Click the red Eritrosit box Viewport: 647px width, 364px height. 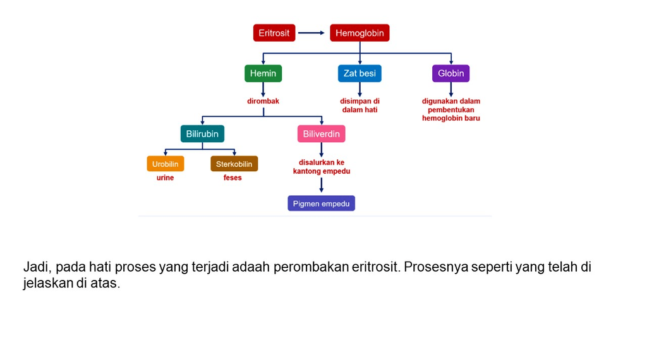pyautogui.click(x=274, y=33)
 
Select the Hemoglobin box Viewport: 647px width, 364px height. pyautogui.click(x=360, y=33)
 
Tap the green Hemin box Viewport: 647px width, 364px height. pyautogui.click(x=263, y=73)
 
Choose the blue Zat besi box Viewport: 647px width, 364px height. pyautogui.click(x=360, y=73)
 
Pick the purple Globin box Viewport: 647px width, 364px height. pyautogui.click(x=451, y=73)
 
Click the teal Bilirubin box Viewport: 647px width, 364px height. pyautogui.click(x=202, y=134)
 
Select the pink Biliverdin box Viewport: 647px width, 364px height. pyautogui.click(x=322, y=134)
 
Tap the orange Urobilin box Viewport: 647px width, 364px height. pyautogui.click(x=166, y=164)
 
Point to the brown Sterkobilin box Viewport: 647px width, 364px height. pyautogui.click(x=234, y=164)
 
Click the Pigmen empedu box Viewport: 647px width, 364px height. pyautogui.click(x=322, y=203)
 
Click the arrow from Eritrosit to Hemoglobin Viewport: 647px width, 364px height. pyautogui.click(x=311, y=33)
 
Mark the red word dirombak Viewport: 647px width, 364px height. pyautogui.click(x=263, y=101)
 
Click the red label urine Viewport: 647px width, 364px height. pyautogui.click(x=165, y=178)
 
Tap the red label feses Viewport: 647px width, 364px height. pyautogui.click(x=233, y=178)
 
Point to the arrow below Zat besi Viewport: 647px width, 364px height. pyautogui.click(x=360, y=89)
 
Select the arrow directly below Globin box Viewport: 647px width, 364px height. pyautogui.click(x=451, y=89)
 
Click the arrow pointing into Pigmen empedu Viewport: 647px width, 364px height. pyautogui.click(x=322, y=185)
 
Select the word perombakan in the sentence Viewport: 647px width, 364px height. pyautogui.click(x=311, y=267)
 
